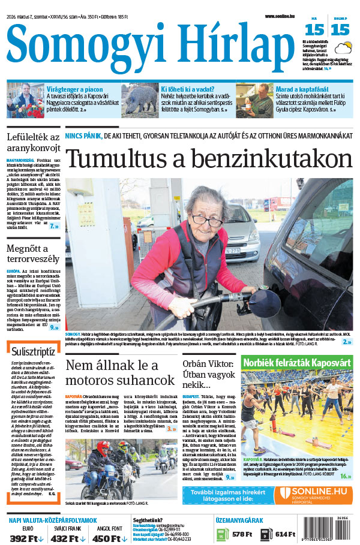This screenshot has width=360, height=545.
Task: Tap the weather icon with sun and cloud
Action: tap(343, 49)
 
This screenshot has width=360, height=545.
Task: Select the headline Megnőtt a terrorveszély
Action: tap(33, 253)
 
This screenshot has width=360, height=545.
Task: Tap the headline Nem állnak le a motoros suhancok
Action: tap(120, 372)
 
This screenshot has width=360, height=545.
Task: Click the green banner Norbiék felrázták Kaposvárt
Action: tap(297, 362)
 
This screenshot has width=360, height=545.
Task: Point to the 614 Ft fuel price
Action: tap(277, 534)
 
